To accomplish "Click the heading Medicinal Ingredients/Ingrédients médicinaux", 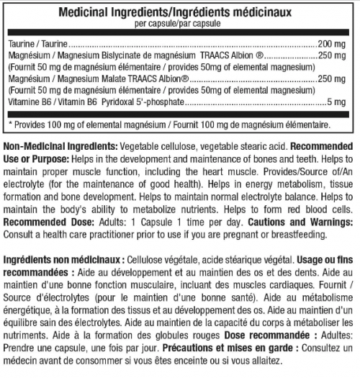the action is [x=179, y=13].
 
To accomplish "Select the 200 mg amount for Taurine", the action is [x=336, y=44].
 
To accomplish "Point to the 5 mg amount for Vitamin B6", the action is [x=341, y=103].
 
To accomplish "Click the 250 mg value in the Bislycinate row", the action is [x=336, y=56].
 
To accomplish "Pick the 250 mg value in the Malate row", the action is [x=336, y=79].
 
